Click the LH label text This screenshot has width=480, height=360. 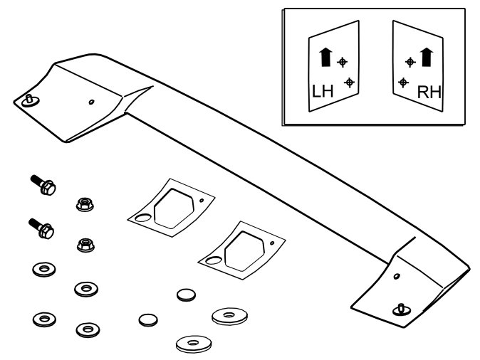pyautogui.click(x=323, y=92)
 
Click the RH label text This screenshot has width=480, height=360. pyautogui.click(x=429, y=92)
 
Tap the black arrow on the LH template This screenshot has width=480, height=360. pyautogui.click(x=325, y=57)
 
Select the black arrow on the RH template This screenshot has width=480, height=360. pyautogui.click(x=427, y=57)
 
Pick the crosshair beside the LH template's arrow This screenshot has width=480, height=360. pyautogui.click(x=343, y=62)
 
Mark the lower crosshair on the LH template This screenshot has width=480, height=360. pyautogui.click(x=349, y=83)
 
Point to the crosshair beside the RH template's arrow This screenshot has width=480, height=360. pyautogui.click(x=410, y=62)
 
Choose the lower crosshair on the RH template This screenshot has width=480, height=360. pyautogui.click(x=403, y=83)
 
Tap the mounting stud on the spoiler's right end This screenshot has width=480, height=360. pyautogui.click(x=402, y=309)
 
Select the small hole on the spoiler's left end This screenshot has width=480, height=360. pyautogui.click(x=91, y=102)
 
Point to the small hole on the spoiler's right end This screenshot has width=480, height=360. pyautogui.click(x=397, y=276)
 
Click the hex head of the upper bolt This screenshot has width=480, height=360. pyautogui.click(x=48, y=188)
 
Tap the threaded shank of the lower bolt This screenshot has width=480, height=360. pyautogui.click(x=35, y=224)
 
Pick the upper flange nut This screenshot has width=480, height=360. pyautogui.click(x=85, y=204)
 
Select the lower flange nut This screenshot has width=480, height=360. pyautogui.click(x=85, y=245)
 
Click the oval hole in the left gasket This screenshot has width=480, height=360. pyautogui.click(x=143, y=218)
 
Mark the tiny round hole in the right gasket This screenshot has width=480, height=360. pyautogui.click(x=272, y=243)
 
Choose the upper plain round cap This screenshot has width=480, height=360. pyautogui.click(x=186, y=295)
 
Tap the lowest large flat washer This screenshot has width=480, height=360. pyautogui.click(x=194, y=344)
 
